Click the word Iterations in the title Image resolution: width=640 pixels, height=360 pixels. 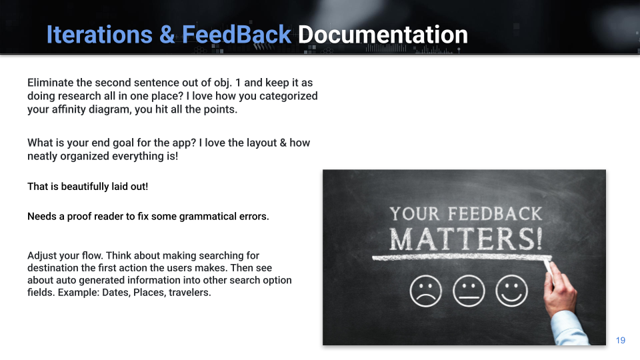(x=99, y=34)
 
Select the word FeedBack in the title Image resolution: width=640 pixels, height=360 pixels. (x=236, y=34)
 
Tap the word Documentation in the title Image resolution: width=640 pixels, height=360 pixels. (x=383, y=34)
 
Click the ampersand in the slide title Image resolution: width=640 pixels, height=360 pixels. (x=167, y=34)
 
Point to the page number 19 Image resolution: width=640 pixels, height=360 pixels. (x=621, y=340)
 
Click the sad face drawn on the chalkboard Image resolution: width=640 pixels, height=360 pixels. (x=426, y=291)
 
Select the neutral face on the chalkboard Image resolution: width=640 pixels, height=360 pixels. (x=469, y=291)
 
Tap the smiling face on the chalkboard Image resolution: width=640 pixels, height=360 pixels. (x=511, y=291)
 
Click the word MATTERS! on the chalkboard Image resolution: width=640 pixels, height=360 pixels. (x=466, y=239)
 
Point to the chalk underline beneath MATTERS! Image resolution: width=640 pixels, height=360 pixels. (x=461, y=257)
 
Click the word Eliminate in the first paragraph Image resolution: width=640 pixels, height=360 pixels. (x=50, y=83)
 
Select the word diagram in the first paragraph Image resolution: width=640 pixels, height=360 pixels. (x=89, y=109)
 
